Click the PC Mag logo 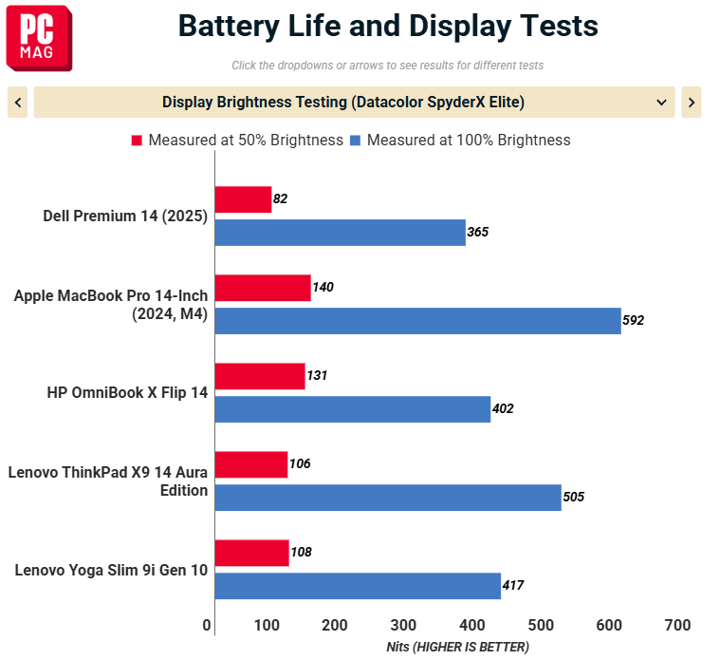39,42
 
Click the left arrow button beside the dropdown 17,102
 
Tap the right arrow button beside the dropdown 691,102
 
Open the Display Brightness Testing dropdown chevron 661,102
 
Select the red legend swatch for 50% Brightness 137,141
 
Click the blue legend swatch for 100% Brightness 355,141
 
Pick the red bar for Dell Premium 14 243,199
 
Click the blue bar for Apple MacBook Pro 417,321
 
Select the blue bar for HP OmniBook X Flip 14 352,409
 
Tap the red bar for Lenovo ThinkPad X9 250,464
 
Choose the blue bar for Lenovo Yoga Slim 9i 357,586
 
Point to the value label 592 633,321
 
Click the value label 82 280,199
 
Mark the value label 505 573,498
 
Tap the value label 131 317,376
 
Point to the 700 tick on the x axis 677,625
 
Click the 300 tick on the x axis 403,625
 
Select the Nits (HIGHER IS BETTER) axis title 457,647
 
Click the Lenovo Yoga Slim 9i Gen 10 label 111,571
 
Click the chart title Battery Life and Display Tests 388,26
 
